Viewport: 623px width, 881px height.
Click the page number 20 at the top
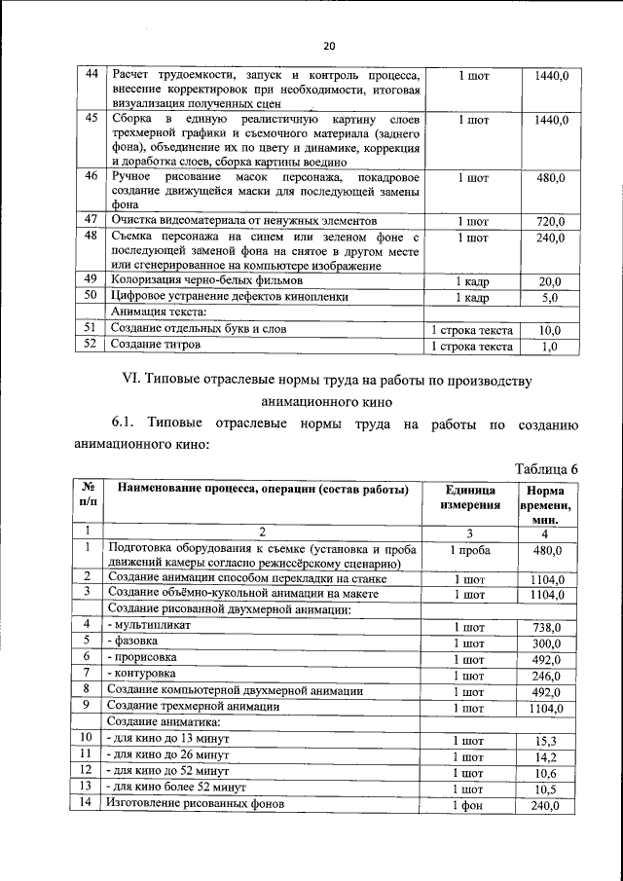tap(328, 46)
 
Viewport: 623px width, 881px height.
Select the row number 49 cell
tap(91, 280)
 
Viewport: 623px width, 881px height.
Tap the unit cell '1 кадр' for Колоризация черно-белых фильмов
tap(472, 281)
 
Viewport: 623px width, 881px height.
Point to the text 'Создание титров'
tap(156, 345)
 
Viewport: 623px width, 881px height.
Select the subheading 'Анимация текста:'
tap(160, 312)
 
